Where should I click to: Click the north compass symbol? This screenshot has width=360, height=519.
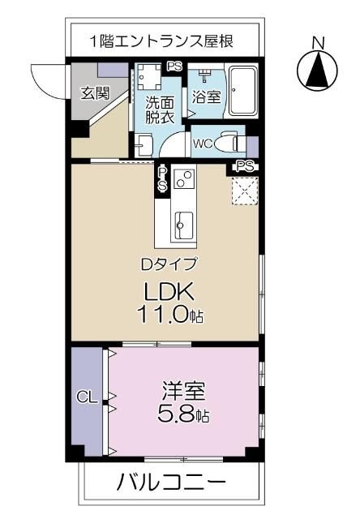coord(319,70)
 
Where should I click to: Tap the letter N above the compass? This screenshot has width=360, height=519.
coord(319,42)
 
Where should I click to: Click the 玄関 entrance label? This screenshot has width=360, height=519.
coord(95,92)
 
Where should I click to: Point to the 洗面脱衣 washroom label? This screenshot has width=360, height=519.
coord(159,109)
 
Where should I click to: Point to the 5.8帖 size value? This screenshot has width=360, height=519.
coord(182,416)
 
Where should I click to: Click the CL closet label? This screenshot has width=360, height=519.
coord(87,397)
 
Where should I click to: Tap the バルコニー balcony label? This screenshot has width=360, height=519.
coord(170,484)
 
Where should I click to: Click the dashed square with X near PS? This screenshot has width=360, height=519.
coord(243,189)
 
